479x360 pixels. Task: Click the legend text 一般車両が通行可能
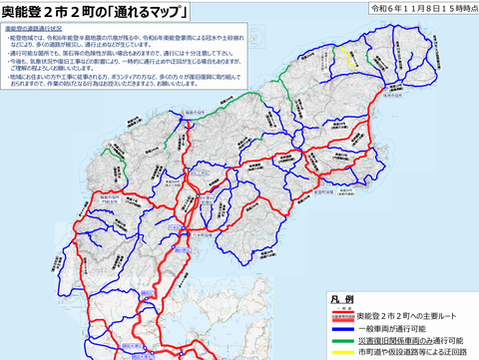(x=391, y=326)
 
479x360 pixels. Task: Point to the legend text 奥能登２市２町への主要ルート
(x=409, y=313)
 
